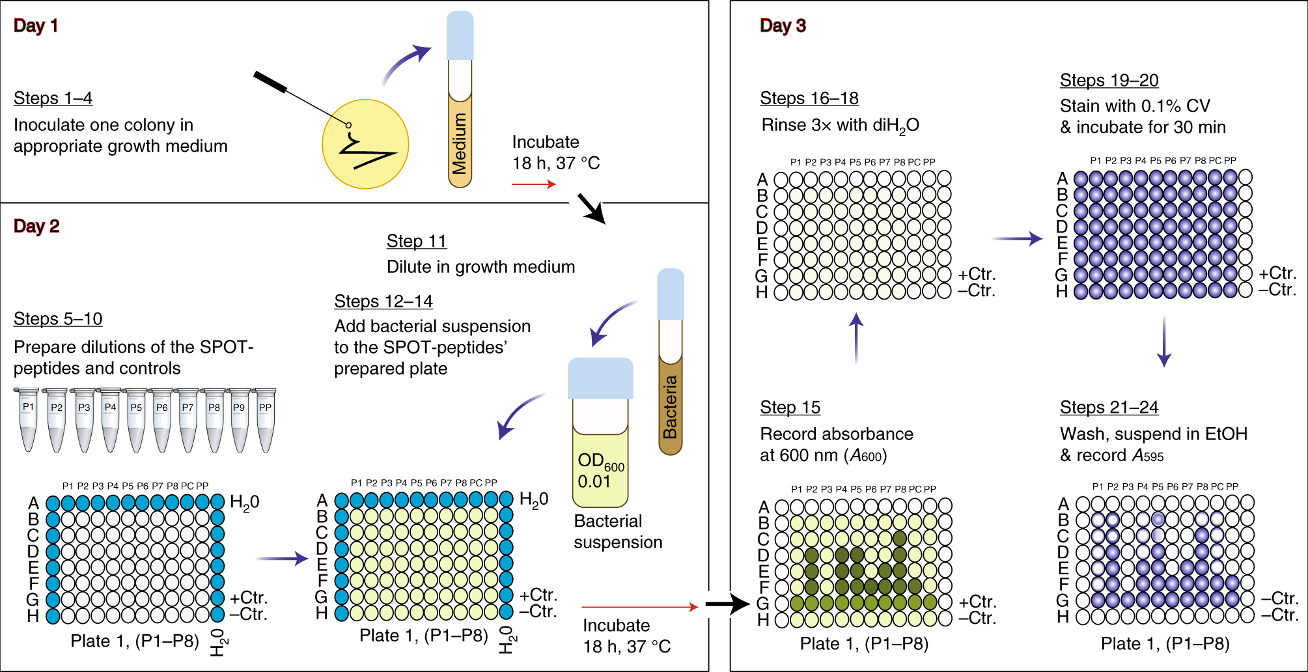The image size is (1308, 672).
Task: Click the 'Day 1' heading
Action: (36, 25)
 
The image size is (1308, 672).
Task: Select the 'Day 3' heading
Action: (783, 25)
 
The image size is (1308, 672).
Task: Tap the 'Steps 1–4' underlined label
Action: (53, 98)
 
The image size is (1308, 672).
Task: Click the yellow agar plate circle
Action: (365, 145)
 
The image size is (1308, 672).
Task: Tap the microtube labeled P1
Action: (28, 419)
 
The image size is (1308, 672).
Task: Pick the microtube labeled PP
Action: (265, 419)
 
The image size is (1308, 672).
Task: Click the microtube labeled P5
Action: (136, 419)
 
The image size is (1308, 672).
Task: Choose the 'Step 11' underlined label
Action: (417, 241)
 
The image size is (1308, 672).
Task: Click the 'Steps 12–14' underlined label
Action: (383, 301)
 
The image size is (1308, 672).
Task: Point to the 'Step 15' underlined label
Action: (790, 408)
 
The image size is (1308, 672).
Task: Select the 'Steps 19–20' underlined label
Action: (1109, 80)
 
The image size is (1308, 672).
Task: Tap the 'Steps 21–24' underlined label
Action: (1109, 408)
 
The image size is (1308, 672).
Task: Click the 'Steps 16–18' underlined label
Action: (809, 98)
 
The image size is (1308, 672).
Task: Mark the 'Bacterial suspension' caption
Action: (618, 531)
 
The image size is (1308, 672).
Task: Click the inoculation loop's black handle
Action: (270, 83)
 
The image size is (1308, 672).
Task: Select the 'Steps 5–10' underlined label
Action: (58, 319)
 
